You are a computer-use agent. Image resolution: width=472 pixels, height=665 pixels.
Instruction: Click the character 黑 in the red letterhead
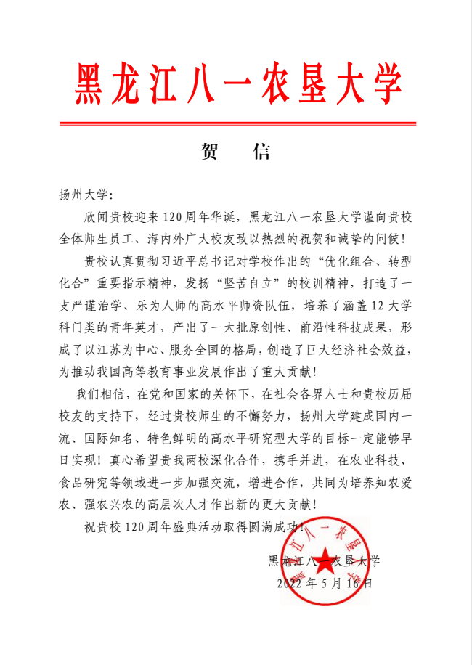tap(91, 83)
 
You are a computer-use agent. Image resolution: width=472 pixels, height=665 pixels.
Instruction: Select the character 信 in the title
tap(261, 152)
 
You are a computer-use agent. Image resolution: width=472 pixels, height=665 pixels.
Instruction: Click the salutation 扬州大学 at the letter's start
tap(83, 195)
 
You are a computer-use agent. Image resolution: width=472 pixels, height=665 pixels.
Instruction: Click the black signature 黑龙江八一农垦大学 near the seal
tap(325, 560)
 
